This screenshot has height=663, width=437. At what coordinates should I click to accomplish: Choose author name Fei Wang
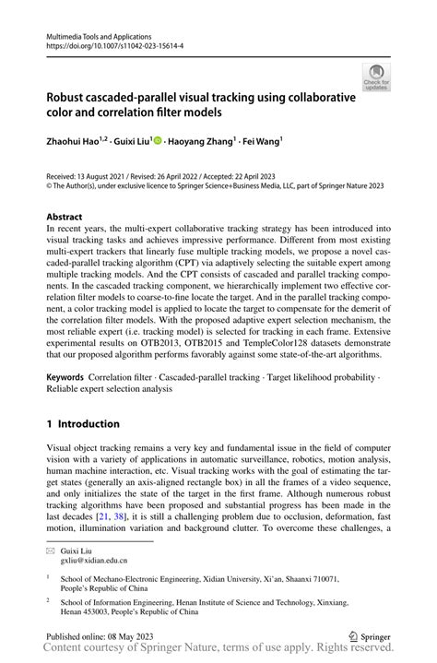pos(262,141)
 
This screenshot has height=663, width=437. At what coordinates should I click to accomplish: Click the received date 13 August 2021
pos(108,175)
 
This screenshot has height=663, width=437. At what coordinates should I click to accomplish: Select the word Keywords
pos(65,378)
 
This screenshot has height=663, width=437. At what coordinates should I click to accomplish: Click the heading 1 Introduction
pos(83,424)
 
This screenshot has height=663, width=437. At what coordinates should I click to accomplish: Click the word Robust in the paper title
pos(74,95)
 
